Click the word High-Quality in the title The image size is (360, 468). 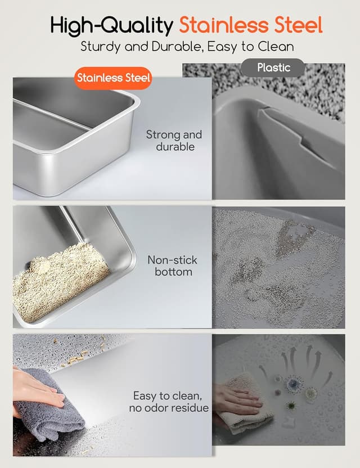click(111, 25)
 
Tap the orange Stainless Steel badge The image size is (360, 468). click(113, 78)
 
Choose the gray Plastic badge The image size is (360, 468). click(273, 67)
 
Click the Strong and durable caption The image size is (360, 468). click(174, 141)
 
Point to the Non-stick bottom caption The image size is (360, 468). click(173, 265)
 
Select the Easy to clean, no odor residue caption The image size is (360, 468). click(169, 402)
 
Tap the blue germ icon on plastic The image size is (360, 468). click(294, 383)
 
